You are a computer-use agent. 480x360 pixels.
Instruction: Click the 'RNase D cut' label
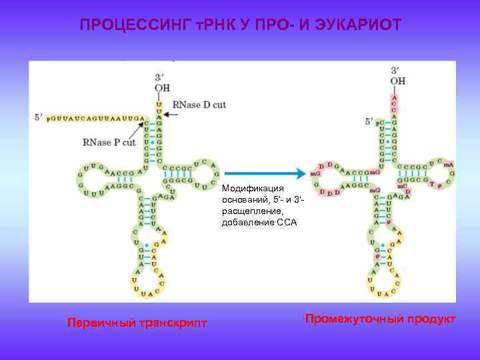coord(199,105)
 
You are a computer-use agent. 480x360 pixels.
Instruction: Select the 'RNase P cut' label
coord(109,142)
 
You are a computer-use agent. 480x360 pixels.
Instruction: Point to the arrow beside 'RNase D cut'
coord(169,115)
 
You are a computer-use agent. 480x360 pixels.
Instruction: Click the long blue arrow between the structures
coord(265,173)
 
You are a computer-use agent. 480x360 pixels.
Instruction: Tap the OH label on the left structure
coord(162,88)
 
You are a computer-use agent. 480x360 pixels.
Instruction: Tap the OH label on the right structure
coord(398,81)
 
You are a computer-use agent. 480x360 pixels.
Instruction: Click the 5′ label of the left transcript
coord(39,117)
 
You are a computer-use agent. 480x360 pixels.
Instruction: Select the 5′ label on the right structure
coord(369,121)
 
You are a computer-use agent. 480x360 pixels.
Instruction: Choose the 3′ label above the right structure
coord(396,69)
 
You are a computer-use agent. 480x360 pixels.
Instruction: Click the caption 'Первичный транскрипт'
coord(137,323)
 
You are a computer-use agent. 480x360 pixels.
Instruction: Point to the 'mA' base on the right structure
coord(449,164)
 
